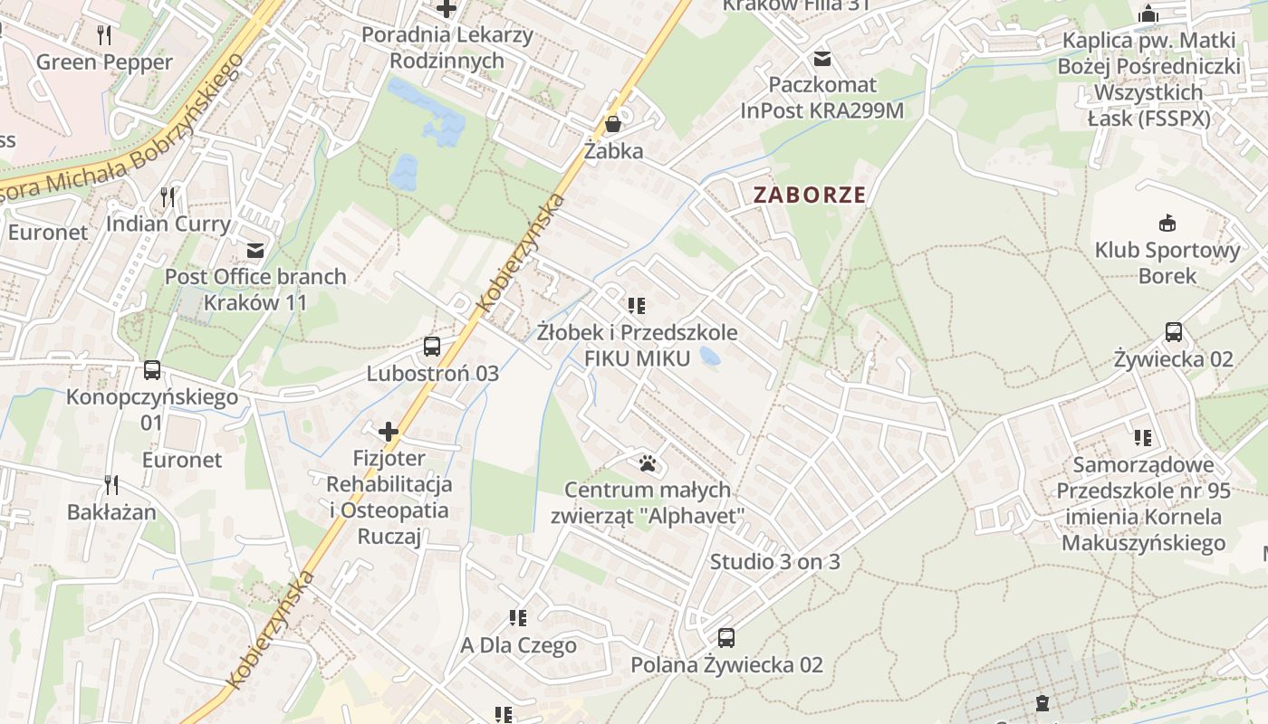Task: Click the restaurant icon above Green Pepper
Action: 104,35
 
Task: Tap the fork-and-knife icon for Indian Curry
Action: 168,196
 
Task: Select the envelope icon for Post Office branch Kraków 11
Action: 255,250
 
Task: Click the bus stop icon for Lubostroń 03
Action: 432,346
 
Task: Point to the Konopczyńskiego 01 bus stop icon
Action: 152,369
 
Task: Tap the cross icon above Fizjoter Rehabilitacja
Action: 389,432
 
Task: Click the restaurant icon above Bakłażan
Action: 111,484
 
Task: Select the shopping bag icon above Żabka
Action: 613,124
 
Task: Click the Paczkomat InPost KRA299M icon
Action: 822,59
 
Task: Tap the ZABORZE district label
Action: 810,195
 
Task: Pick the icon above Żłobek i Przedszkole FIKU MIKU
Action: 637,306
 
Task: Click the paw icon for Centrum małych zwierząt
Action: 647,463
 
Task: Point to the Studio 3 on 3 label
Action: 774,562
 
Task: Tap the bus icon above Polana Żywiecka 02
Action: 726,637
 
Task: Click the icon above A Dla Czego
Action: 518,618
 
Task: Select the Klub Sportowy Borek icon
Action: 1167,223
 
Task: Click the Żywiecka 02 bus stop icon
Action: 1174,332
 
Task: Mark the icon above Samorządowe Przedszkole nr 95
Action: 1143,438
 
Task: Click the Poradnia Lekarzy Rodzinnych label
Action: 447,48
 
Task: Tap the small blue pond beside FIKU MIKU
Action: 710,357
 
